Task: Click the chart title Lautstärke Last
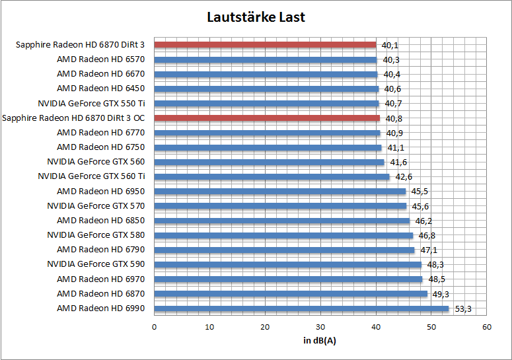point(256,17)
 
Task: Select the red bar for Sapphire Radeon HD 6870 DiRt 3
point(265,45)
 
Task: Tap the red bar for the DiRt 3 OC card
point(267,118)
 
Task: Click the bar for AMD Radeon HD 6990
point(301,308)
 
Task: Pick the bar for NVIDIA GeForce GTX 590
point(287,264)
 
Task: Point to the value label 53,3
point(462,308)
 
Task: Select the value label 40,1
point(390,46)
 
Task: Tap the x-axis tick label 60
point(487,327)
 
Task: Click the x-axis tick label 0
point(154,327)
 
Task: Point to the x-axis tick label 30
point(320,327)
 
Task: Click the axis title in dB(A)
point(320,340)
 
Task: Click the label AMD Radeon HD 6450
point(100,89)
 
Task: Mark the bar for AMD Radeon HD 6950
point(280,192)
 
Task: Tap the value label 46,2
point(423,221)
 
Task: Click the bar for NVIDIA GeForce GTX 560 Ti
point(272,176)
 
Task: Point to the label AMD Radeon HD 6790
point(100,250)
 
